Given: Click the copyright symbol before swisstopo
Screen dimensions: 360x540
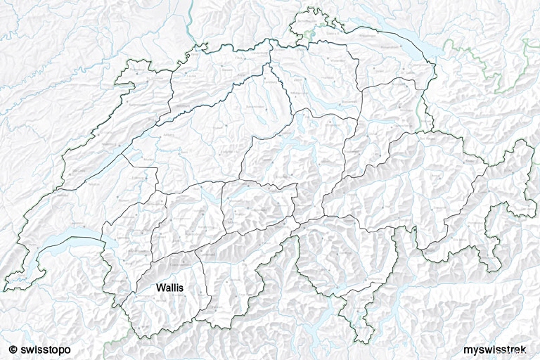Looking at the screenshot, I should (13, 349).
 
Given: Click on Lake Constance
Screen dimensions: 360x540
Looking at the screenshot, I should (408, 42).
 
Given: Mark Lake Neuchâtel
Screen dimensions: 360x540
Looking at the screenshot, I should (105, 166).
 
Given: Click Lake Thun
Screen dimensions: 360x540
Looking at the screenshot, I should (211, 200).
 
